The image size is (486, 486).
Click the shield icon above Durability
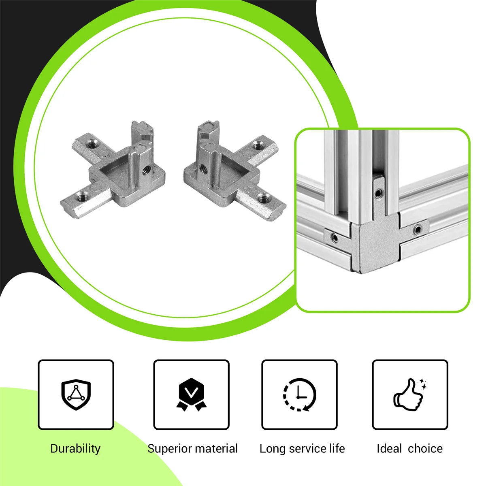(76, 395)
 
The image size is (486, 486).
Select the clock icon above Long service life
(299, 395)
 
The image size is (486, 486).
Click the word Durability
(75, 449)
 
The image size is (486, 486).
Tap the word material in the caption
(217, 449)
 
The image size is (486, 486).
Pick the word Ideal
(389, 449)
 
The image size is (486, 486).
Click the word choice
(425, 449)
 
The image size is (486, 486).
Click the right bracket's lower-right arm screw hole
(265, 198)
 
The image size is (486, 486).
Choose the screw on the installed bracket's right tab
(417, 230)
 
